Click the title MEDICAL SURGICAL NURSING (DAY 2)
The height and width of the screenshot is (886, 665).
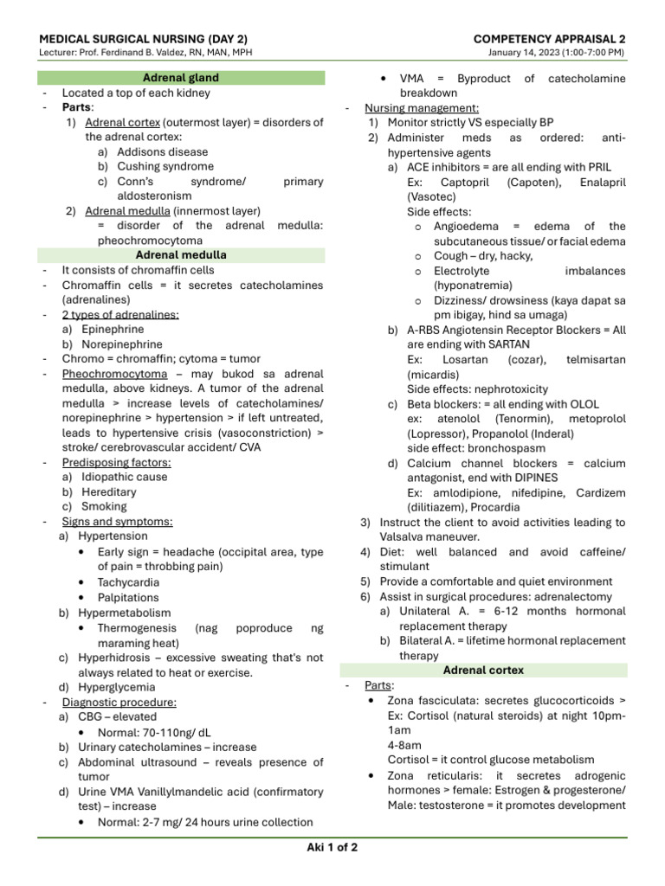[x=144, y=39]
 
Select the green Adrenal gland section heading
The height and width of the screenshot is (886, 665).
[x=181, y=78]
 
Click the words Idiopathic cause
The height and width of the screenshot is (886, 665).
[x=125, y=477]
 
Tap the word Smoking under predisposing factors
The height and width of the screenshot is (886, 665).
[x=104, y=506]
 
